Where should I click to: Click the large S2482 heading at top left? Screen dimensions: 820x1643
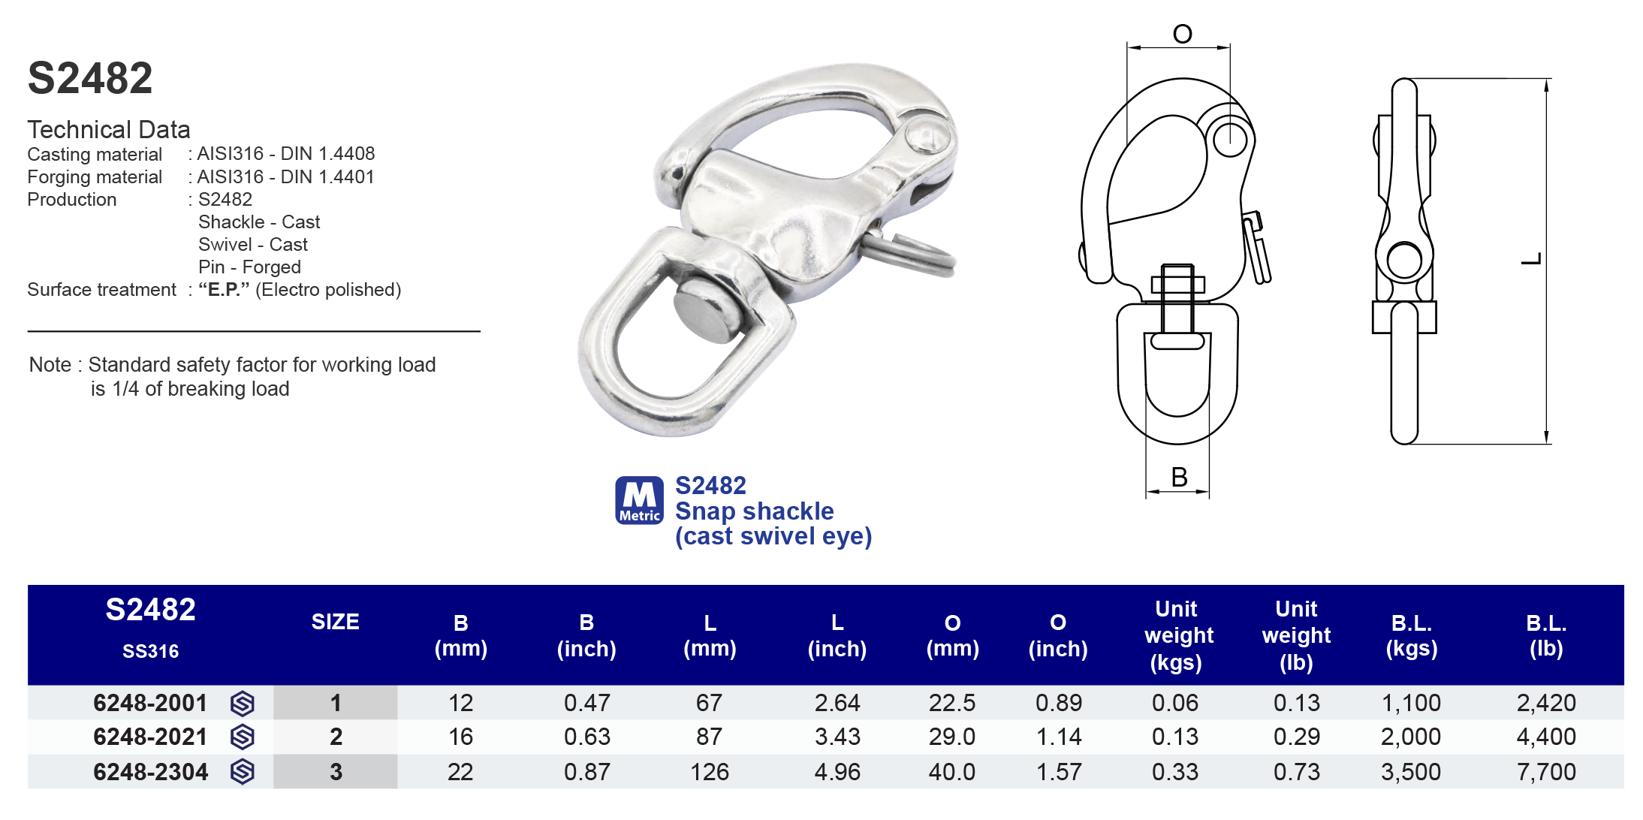tap(90, 78)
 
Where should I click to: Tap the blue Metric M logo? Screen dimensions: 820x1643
tap(639, 499)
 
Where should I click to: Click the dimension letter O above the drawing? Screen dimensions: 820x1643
tap(1182, 35)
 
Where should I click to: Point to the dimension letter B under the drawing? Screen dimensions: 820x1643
tap(1179, 478)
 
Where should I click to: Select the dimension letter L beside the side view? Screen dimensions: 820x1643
tap(1531, 259)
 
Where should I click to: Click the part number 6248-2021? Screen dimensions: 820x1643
tap(150, 737)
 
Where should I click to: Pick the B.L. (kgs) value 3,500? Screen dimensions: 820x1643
tap(1410, 772)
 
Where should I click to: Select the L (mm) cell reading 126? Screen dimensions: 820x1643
tap(709, 772)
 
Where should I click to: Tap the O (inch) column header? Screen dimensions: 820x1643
tap(1057, 635)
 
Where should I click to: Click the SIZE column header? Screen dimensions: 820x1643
tap(335, 622)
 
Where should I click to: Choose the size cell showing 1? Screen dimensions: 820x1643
tap(336, 703)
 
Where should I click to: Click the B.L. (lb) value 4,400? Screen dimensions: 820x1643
tap(1545, 737)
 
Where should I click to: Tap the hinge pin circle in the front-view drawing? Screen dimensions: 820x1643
tap(1230, 139)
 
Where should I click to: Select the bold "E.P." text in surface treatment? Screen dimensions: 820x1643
tap(224, 290)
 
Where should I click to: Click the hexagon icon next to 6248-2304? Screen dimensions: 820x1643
tap(242, 772)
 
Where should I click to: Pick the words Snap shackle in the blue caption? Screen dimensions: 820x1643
tap(754, 511)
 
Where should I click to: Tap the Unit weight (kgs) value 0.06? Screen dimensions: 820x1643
tap(1175, 703)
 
